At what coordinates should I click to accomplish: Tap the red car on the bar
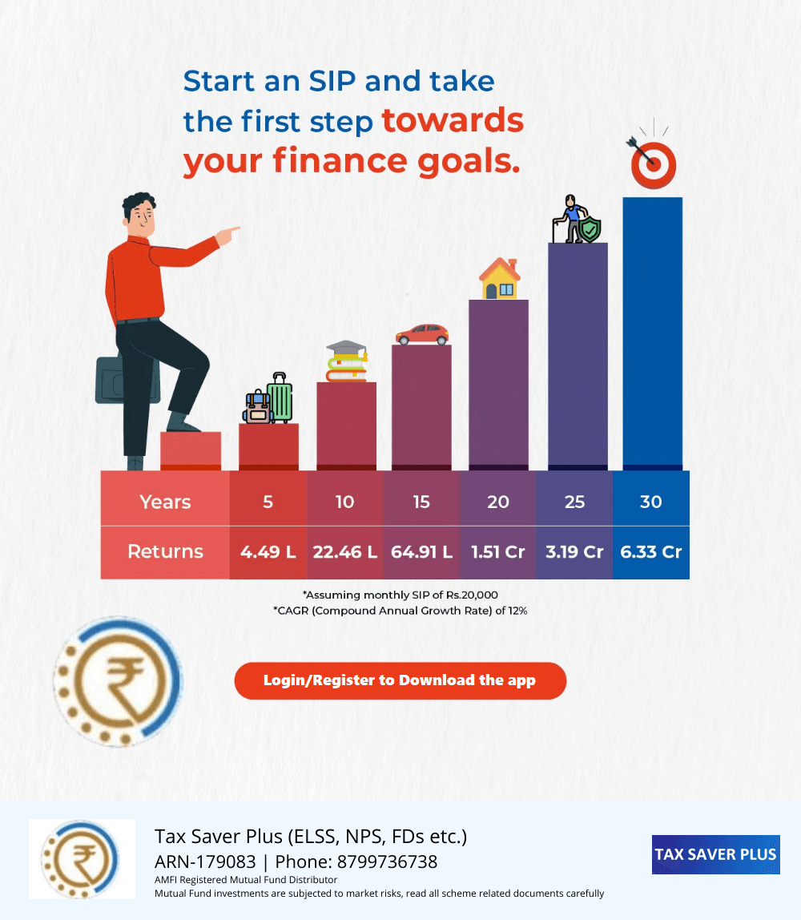[422, 334]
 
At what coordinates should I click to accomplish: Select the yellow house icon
[500, 279]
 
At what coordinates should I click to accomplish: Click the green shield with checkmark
[590, 228]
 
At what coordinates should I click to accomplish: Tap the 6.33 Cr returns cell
[651, 552]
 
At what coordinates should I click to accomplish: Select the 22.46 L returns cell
[344, 552]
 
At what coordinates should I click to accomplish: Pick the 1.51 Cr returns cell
[498, 552]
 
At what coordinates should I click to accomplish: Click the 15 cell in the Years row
[421, 502]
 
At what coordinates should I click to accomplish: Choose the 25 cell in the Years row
[574, 502]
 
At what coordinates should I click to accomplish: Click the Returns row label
[165, 551]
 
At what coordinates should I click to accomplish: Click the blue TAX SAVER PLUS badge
[716, 854]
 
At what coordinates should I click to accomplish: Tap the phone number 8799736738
[387, 862]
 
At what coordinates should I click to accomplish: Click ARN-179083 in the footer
[205, 862]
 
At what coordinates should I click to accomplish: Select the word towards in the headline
[453, 120]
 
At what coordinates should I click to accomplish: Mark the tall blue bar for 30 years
[653, 334]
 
